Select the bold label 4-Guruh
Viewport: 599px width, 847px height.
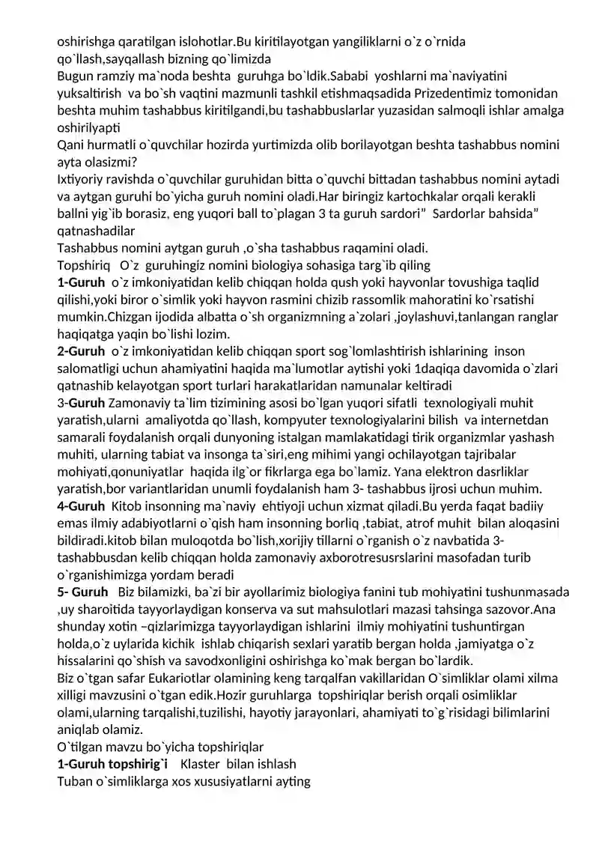[82, 506]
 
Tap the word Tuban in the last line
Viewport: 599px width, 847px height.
[75, 782]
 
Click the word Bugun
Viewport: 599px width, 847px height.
[76, 76]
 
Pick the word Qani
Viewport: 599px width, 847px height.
[72, 145]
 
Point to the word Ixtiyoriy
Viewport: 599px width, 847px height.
[82, 179]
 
